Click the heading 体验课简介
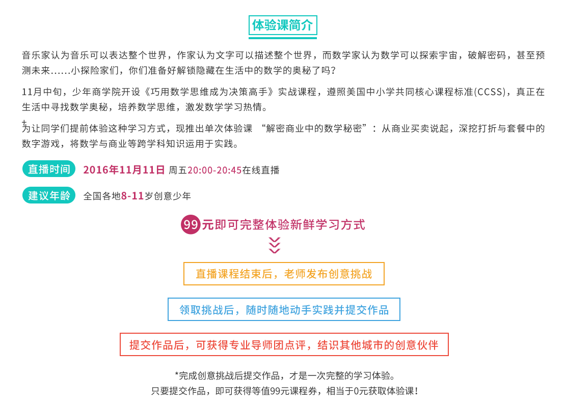click(283, 25)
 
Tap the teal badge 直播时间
click(49, 169)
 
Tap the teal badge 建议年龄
click(49, 195)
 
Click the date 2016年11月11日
click(124, 170)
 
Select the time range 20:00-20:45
click(215, 170)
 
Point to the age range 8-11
click(132, 196)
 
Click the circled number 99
click(191, 224)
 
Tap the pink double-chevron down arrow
click(274, 245)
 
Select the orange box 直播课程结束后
click(284, 274)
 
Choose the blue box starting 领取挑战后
click(284, 309)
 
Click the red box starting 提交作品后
click(284, 344)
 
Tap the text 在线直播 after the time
click(261, 170)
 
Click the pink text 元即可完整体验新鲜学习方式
click(283, 224)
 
